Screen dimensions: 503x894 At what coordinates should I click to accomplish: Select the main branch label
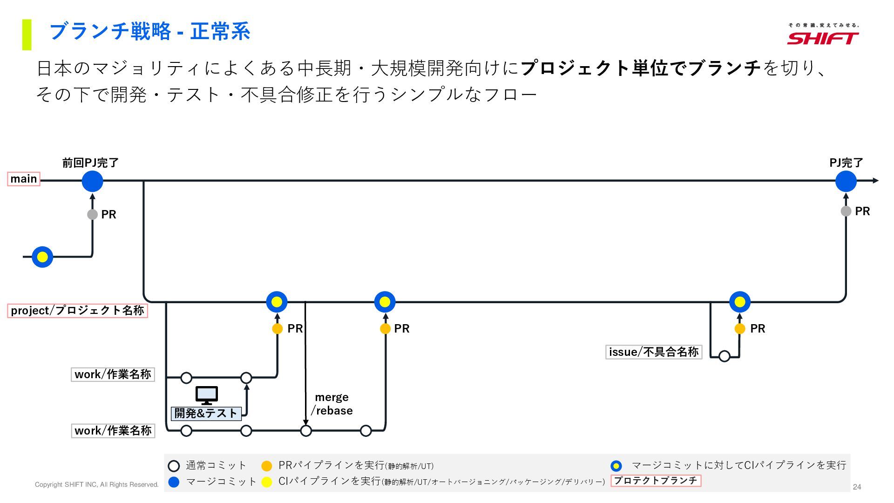click(x=24, y=179)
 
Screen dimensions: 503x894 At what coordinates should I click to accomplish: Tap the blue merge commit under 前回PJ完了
click(x=92, y=181)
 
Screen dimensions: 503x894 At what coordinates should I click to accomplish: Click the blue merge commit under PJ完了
click(x=846, y=181)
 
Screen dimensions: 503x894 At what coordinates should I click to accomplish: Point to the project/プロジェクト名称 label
click(x=77, y=311)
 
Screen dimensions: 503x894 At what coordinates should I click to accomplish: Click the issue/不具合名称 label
click(x=653, y=352)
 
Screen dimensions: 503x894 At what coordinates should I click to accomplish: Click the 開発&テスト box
click(x=206, y=414)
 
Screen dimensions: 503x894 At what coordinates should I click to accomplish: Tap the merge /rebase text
click(x=332, y=404)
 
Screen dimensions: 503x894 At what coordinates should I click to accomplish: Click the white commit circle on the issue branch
click(x=724, y=357)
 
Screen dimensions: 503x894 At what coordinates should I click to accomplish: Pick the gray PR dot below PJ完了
click(x=846, y=211)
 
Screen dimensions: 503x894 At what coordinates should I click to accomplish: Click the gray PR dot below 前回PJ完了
click(x=92, y=215)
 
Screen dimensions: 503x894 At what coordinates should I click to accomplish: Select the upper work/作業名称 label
click(x=113, y=374)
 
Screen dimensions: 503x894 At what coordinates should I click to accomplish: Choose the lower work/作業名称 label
click(x=113, y=431)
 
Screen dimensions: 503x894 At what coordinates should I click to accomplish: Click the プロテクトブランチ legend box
click(x=656, y=481)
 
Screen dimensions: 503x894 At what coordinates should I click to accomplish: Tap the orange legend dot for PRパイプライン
click(x=266, y=466)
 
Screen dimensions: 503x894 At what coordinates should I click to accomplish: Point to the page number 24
click(x=857, y=487)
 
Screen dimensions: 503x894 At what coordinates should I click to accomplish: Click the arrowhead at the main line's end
click(x=876, y=181)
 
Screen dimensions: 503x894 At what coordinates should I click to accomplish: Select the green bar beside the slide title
click(x=27, y=34)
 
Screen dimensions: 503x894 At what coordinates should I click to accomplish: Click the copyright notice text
click(x=97, y=485)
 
